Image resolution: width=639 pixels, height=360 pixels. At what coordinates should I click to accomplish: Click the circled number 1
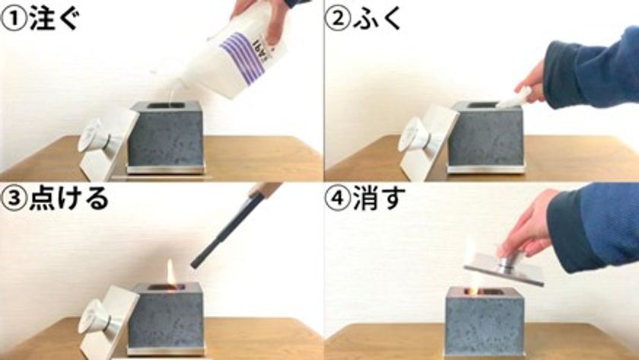14,19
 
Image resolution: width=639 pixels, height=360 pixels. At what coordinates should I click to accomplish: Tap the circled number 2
338,19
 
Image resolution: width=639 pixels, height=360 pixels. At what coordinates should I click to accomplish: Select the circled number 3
14,198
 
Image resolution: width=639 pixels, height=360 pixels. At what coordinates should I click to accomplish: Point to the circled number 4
338,198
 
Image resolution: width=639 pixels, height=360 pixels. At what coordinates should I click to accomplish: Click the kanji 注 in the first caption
42,19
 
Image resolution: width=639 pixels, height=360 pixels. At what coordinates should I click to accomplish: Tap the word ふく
377,19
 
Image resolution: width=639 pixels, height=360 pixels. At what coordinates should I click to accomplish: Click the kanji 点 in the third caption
42,198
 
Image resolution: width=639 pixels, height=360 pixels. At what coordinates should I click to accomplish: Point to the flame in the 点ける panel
171,272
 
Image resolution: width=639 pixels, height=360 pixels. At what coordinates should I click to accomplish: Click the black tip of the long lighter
195,265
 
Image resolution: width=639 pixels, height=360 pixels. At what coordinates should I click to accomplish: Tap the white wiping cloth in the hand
514,98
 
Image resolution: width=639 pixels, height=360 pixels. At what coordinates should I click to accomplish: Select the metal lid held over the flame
504,269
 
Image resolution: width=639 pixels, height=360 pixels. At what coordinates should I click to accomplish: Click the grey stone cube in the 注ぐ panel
167,135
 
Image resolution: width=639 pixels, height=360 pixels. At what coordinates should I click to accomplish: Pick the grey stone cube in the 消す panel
484,321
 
